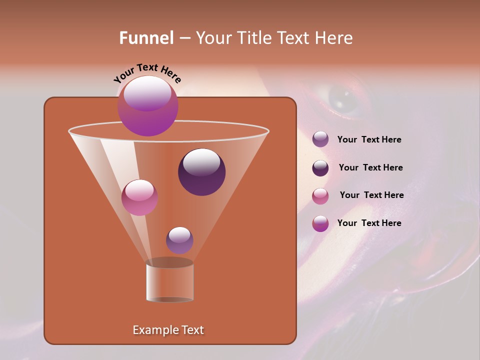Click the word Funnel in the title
(146, 38)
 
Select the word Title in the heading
(251, 38)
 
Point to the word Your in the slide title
(213, 38)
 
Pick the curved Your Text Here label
(147, 73)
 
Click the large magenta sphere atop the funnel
(147, 106)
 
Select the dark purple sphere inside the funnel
(201, 172)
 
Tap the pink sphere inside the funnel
(139, 197)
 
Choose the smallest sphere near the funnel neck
(179, 240)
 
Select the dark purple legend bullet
(320, 168)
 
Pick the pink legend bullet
(320, 196)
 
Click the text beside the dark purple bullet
(370, 167)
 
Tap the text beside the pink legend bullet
(371, 195)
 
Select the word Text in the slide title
(295, 38)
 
